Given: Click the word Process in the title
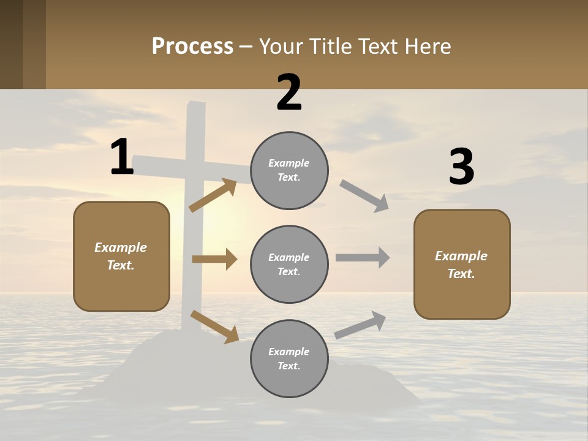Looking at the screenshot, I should (x=192, y=47).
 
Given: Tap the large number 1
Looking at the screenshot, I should (x=122, y=157).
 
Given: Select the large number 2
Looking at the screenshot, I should (x=289, y=92).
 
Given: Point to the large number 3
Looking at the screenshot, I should (x=461, y=167).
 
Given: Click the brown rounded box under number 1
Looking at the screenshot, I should (x=121, y=256).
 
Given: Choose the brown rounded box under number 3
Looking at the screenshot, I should (x=462, y=265).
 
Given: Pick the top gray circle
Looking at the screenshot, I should (x=289, y=170).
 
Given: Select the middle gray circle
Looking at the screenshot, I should (x=289, y=265).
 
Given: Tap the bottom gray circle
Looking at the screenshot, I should (x=289, y=359).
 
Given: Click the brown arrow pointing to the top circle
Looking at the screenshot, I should (x=213, y=195).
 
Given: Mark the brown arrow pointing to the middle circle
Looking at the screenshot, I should (x=214, y=259).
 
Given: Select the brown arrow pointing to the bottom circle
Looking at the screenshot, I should (x=214, y=326).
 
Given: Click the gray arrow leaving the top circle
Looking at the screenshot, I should (x=364, y=196).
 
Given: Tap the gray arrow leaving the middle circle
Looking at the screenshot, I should (x=363, y=258).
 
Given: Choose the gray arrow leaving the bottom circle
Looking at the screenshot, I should (x=360, y=325).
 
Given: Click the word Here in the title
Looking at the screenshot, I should (x=428, y=47).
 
